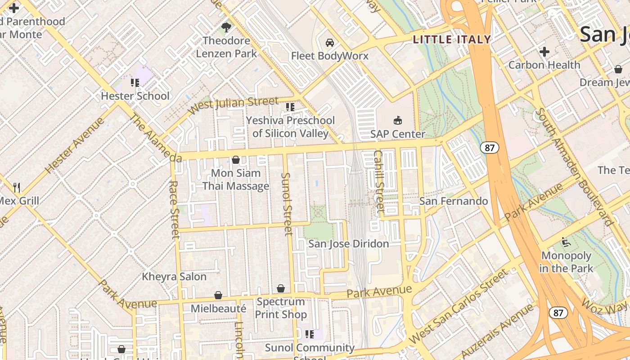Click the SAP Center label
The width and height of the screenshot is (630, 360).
click(x=397, y=134)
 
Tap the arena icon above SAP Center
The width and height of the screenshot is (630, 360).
click(x=398, y=120)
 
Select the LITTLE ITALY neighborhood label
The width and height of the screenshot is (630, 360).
click(x=452, y=40)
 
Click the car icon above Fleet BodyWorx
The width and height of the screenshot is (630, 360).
click(x=330, y=43)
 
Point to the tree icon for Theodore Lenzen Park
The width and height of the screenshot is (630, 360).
click(x=226, y=27)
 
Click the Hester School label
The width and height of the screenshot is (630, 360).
click(x=135, y=96)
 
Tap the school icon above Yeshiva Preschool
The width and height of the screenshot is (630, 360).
click(x=290, y=107)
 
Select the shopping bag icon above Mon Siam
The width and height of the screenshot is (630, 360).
click(x=235, y=160)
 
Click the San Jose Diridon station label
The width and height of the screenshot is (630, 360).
click(x=348, y=244)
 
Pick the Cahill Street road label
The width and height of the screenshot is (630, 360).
click(x=379, y=181)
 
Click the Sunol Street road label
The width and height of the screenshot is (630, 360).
click(x=287, y=203)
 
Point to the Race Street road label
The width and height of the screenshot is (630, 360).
click(x=174, y=209)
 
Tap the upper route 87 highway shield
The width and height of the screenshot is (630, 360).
click(x=489, y=147)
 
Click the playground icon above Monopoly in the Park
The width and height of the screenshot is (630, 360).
click(x=566, y=243)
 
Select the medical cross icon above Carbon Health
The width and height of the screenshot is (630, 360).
click(x=544, y=52)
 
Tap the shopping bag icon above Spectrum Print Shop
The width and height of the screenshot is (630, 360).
click(x=281, y=288)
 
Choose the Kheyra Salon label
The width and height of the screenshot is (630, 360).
click(x=174, y=276)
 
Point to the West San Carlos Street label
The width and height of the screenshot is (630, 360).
click(x=459, y=306)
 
